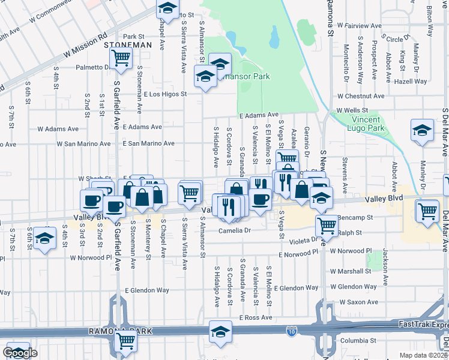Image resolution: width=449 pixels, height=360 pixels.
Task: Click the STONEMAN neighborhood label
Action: pyautogui.click(x=125, y=45)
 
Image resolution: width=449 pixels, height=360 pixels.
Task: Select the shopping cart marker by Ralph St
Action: pyautogui.click(x=327, y=225)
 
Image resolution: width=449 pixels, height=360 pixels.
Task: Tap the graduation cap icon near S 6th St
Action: pyautogui.click(x=44, y=238)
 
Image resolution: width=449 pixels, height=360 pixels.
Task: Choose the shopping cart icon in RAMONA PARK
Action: pyautogui.click(x=126, y=341)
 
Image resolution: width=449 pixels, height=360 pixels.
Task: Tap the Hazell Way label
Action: pyautogui.click(x=411, y=81)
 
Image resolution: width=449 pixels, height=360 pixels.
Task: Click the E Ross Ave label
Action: pyautogui.click(x=255, y=317)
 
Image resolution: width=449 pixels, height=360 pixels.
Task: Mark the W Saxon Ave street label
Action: pyautogui.click(x=358, y=302)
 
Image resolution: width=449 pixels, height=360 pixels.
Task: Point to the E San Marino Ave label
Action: pyautogui.click(x=148, y=144)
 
